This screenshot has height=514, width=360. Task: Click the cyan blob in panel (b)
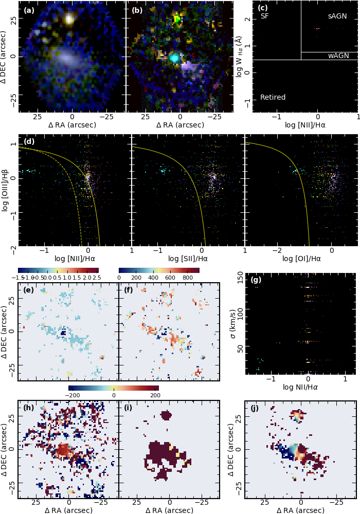[x=174, y=58]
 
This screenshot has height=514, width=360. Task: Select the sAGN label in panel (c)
[x=337, y=16]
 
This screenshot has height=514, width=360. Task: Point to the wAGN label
[x=338, y=56]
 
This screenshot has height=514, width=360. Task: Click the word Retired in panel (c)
[x=273, y=97]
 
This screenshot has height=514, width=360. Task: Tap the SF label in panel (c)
[x=265, y=16]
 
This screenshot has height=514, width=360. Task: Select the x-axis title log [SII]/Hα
[x=188, y=259]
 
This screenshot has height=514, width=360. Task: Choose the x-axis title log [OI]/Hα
[x=301, y=259]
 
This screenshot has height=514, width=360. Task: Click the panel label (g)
[x=256, y=280]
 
